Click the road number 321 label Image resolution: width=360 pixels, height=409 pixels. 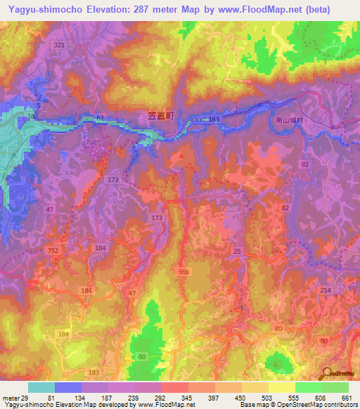(x=58, y=44)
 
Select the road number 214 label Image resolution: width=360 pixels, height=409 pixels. (x=325, y=290)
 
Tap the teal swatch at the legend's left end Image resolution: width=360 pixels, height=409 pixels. (x=41, y=387)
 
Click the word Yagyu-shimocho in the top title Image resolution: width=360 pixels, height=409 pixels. (x=37, y=8)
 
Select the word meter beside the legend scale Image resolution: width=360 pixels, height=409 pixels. (x=11, y=397)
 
